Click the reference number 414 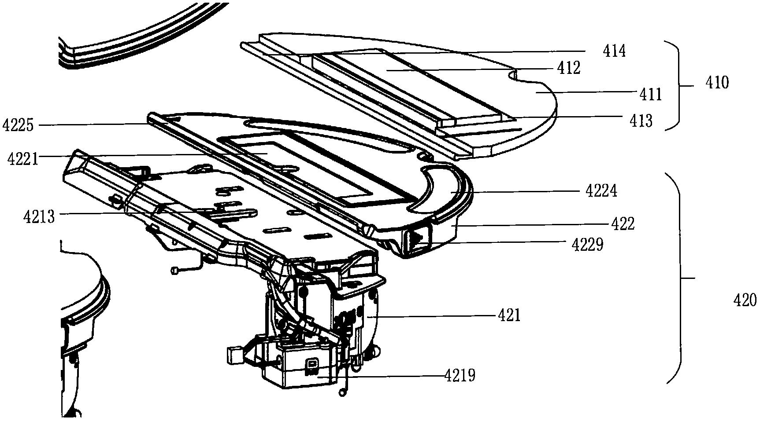click(614, 51)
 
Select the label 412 click(569, 68)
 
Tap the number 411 click(651, 94)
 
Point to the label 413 click(641, 120)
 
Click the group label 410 click(717, 82)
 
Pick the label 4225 click(18, 125)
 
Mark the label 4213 click(39, 216)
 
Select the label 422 click(623, 224)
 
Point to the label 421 click(509, 315)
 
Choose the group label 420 click(745, 300)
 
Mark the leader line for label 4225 click(88, 125)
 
